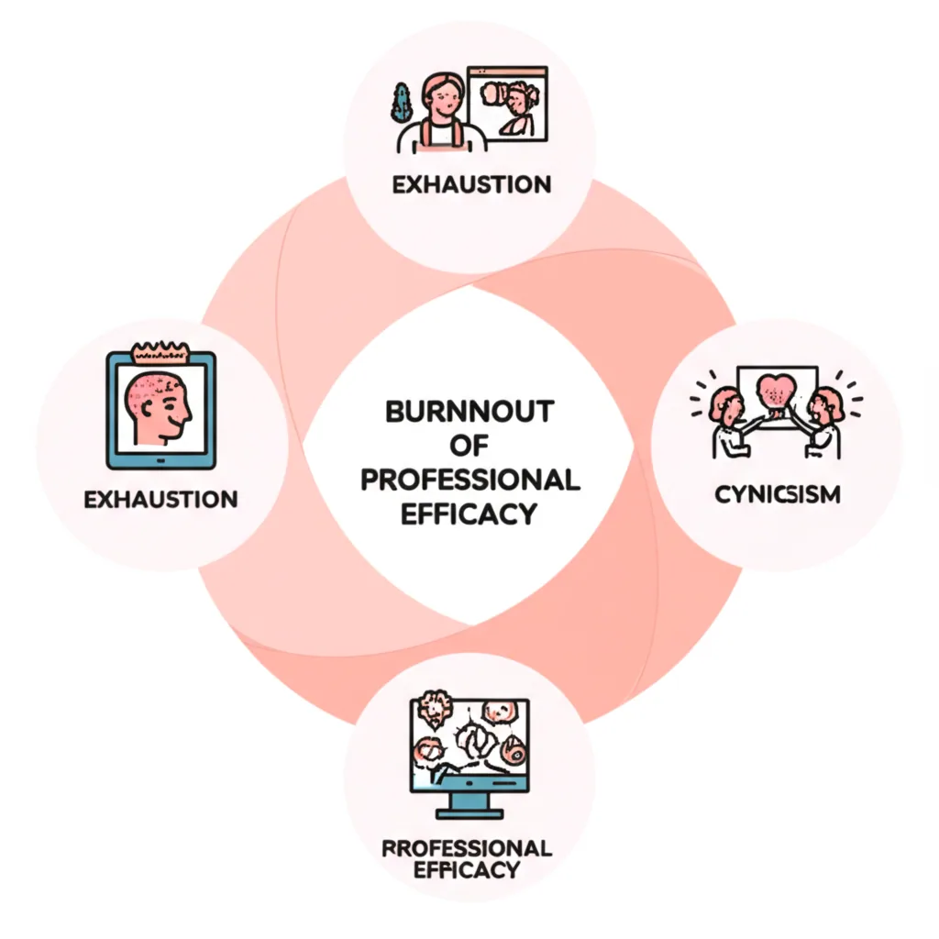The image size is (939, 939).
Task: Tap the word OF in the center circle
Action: tap(469, 446)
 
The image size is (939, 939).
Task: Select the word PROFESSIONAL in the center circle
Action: tap(469, 480)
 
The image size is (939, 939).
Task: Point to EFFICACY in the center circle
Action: tap(469, 514)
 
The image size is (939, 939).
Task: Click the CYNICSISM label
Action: tap(778, 496)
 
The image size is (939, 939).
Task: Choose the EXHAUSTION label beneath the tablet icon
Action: tap(160, 500)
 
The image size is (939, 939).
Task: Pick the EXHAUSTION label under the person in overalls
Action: tap(471, 184)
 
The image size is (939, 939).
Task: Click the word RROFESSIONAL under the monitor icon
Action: tap(467, 846)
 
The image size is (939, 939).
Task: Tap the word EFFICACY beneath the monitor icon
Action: tap(467, 869)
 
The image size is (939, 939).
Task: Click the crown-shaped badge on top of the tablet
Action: tap(160, 350)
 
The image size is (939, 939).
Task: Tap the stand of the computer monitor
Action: tap(469, 806)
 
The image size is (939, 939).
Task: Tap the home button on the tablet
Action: tap(160, 458)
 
